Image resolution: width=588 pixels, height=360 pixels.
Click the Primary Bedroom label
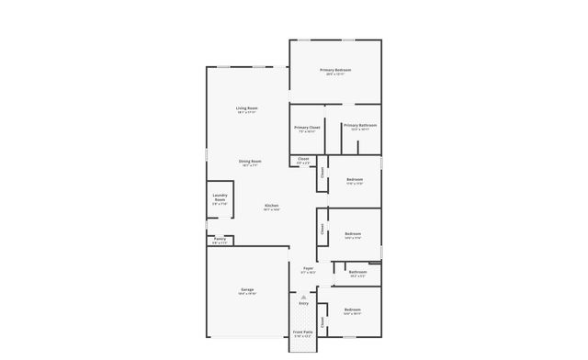tap(335, 71)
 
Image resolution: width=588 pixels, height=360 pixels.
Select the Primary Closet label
tap(307, 128)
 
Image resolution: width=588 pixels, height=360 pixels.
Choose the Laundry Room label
tap(220, 197)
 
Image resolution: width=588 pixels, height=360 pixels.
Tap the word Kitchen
tap(272, 205)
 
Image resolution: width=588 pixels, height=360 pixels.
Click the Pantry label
tap(220, 239)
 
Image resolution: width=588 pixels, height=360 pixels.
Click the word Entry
tap(303, 303)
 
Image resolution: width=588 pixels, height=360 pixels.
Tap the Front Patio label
tap(303, 332)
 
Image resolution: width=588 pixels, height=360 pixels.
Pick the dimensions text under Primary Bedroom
tap(335, 75)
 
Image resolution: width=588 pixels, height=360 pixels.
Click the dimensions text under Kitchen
tap(272, 209)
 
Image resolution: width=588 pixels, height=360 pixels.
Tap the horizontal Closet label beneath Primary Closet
tap(303, 159)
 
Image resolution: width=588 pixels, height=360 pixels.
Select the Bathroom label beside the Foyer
tap(357, 271)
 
